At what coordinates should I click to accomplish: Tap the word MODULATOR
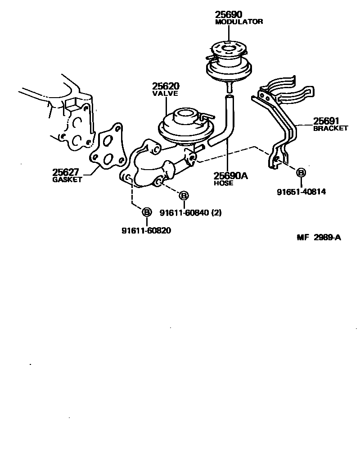tap(238, 22)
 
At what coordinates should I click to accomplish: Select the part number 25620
tap(166, 86)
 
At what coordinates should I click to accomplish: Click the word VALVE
tap(165, 94)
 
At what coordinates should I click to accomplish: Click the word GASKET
tap(67, 180)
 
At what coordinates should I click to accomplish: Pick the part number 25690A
tap(231, 176)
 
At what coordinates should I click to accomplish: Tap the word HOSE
tap(224, 184)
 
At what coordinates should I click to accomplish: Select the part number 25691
tap(327, 121)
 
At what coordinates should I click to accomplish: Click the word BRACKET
tap(331, 128)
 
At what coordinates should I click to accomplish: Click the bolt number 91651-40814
tap(301, 192)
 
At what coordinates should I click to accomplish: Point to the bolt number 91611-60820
tap(146, 230)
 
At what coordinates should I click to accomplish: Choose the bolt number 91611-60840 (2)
tap(190, 212)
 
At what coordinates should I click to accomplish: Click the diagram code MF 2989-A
tap(319, 238)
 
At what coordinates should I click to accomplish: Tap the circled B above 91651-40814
tap(301, 172)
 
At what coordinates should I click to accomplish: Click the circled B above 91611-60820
tap(146, 211)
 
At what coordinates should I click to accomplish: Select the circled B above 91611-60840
tap(184, 195)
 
